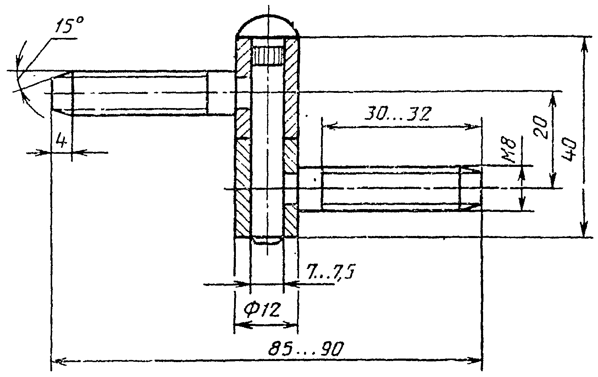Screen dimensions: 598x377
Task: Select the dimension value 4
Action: point(62,141)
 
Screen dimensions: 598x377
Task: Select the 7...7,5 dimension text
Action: point(331,271)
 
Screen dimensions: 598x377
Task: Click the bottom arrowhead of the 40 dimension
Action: point(585,228)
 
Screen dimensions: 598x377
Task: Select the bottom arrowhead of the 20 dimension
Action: point(553,180)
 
